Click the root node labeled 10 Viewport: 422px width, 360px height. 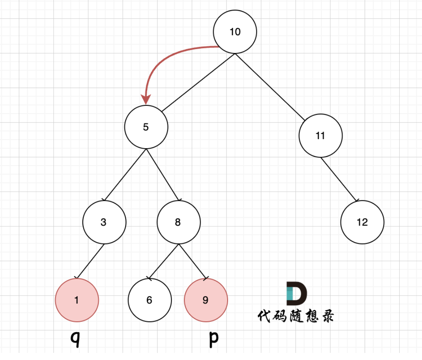click(x=235, y=32)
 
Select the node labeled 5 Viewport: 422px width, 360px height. click(x=146, y=127)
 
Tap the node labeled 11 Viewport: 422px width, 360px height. click(x=320, y=136)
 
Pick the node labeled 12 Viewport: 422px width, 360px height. click(x=362, y=222)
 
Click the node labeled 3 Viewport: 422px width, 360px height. click(x=104, y=222)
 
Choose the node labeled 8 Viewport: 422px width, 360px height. click(x=178, y=222)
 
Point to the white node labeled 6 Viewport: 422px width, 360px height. click(x=150, y=300)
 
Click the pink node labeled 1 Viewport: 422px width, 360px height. click(x=77, y=300)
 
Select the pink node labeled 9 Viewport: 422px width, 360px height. click(x=206, y=300)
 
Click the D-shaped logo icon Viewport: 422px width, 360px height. click(x=296, y=293)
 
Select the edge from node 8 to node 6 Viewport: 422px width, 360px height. click(x=164, y=261)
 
